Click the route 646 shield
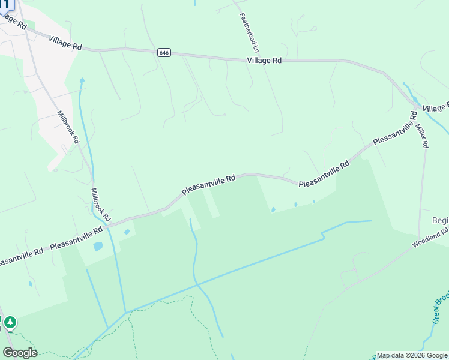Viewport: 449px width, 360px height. point(164,53)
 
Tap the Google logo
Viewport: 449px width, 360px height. point(20,353)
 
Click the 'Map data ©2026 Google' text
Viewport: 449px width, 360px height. point(412,355)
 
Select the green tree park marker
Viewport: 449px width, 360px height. point(10,323)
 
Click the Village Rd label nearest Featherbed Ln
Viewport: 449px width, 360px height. point(264,61)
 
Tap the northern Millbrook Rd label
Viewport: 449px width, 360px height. point(68,126)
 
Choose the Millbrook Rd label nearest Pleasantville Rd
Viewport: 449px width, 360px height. point(101,204)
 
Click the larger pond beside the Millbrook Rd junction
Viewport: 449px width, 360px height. point(98,246)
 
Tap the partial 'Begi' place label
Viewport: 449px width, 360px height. point(441,220)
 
